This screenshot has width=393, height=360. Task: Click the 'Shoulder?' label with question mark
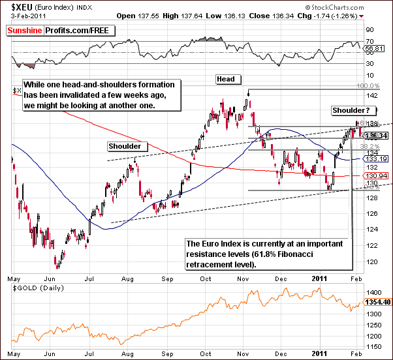click(353, 110)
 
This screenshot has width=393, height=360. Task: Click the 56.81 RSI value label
click(373, 48)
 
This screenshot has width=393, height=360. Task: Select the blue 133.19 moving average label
click(374, 158)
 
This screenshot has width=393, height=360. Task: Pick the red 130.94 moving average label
click(374, 176)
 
